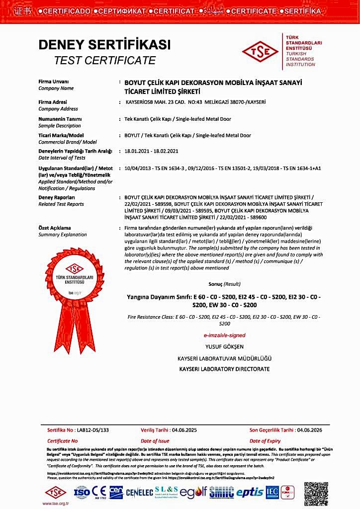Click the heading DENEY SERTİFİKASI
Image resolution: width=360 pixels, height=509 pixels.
click(x=104, y=45)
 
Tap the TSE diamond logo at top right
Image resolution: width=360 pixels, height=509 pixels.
click(x=260, y=51)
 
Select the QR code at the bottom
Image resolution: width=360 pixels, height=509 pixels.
click(x=316, y=494)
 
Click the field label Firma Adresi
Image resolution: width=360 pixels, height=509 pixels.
click(x=53, y=102)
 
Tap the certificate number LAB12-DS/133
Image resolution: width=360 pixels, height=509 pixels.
click(x=91, y=430)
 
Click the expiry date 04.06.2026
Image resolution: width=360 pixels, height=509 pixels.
click(x=309, y=430)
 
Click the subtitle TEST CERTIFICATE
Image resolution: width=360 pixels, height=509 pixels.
click(x=104, y=61)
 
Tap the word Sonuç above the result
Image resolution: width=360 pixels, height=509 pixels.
click(x=215, y=284)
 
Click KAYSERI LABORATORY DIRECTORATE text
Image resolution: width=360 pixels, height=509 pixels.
click(x=224, y=369)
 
